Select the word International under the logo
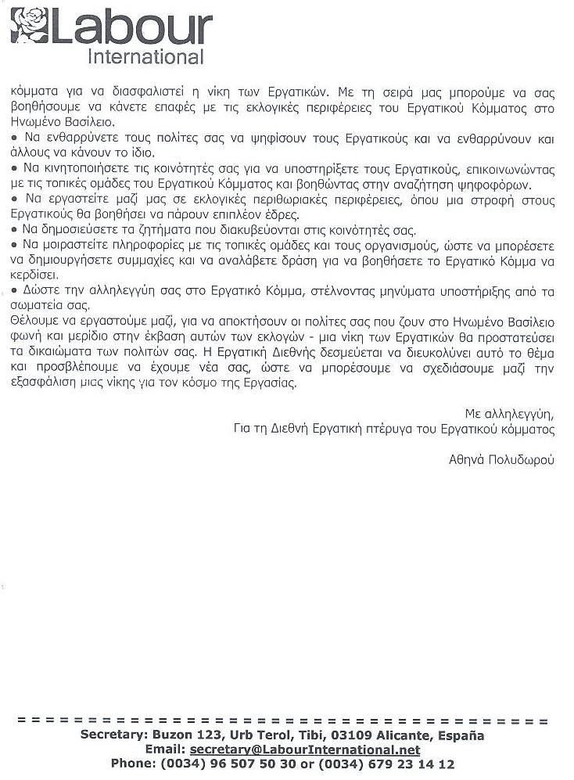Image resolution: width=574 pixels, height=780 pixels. coord(146,57)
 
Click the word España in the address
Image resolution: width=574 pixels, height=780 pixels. coord(463,735)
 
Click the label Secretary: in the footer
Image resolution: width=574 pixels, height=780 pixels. coord(117,735)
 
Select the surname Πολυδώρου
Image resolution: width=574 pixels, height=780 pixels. coord(520,461)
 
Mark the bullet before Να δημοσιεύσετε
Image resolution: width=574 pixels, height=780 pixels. coord(14,229)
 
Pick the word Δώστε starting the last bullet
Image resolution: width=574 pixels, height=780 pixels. coord(38,291)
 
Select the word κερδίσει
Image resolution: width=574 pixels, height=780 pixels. coord(32,275)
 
